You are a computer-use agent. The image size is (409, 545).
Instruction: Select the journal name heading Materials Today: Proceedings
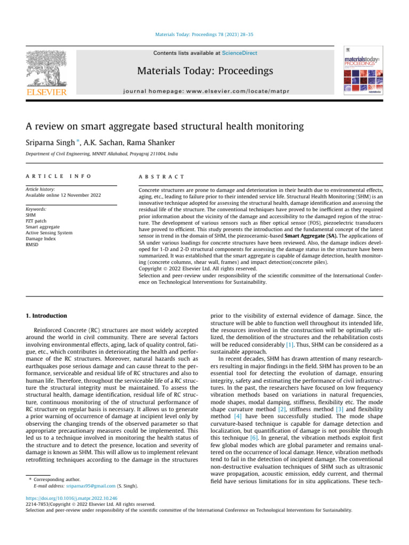[204, 71]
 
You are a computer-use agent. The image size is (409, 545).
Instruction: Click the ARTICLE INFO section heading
[58, 176]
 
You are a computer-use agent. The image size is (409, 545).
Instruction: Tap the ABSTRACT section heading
[161, 176]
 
